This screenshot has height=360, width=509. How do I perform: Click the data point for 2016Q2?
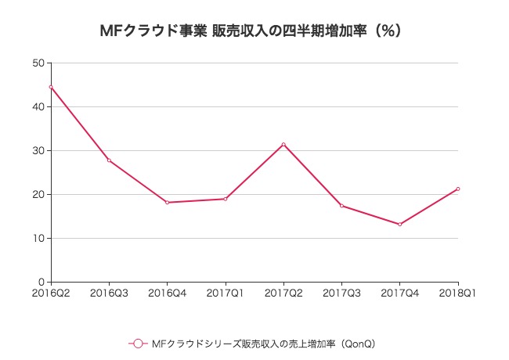[x=51, y=87]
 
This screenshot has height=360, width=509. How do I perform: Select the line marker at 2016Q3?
[x=109, y=160]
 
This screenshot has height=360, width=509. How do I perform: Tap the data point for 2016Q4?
[x=167, y=203]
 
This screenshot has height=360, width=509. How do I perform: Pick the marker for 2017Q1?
[x=226, y=199]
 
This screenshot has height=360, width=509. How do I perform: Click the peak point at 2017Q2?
[x=283, y=144]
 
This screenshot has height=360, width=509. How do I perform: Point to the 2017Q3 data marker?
[x=341, y=206]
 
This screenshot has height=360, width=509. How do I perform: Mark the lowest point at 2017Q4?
[x=399, y=225]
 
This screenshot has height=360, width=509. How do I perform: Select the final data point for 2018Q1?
[x=457, y=189]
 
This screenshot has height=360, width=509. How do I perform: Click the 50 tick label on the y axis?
[x=38, y=63]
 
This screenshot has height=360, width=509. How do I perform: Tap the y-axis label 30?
[x=38, y=151]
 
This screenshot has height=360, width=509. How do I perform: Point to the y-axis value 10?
[x=38, y=239]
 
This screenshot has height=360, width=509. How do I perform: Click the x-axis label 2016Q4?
[x=167, y=293]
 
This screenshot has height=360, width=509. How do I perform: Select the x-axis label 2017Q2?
[x=283, y=293]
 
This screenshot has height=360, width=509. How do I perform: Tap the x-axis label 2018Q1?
[x=459, y=293]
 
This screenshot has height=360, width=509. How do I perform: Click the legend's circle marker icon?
[x=138, y=344]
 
